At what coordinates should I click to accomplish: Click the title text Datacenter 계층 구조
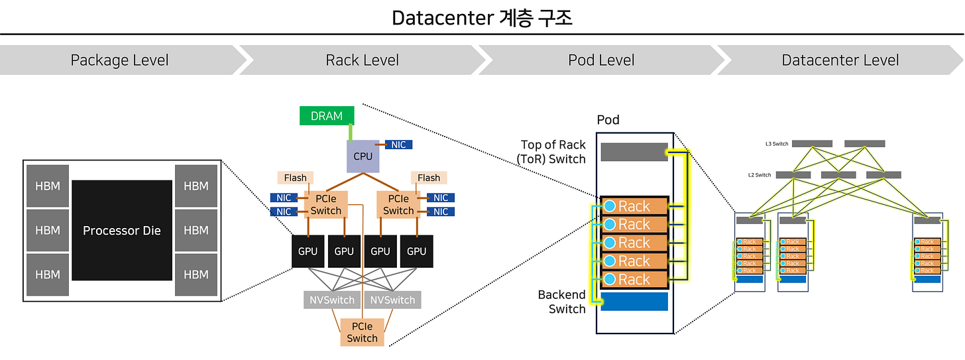tap(482, 18)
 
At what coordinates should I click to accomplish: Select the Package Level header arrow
tap(120, 60)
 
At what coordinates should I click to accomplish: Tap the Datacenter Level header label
tap(840, 60)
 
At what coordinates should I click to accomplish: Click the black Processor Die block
tap(122, 230)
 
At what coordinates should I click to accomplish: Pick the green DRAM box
tap(327, 116)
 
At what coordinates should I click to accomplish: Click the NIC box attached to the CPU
tap(399, 145)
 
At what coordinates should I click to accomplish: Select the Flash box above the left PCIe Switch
tap(296, 178)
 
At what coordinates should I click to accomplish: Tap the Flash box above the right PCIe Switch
tap(429, 178)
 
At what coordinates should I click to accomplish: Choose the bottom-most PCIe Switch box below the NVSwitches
tap(362, 332)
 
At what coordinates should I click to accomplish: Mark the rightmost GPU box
tap(417, 251)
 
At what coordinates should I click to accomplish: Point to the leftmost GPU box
tap(308, 251)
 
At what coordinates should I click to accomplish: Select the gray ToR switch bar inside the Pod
tap(634, 152)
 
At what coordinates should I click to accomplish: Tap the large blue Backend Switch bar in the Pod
tap(634, 302)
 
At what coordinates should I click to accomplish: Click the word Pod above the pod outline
tap(608, 121)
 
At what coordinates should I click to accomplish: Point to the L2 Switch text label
tap(760, 175)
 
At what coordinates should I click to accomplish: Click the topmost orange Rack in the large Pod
tap(634, 206)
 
